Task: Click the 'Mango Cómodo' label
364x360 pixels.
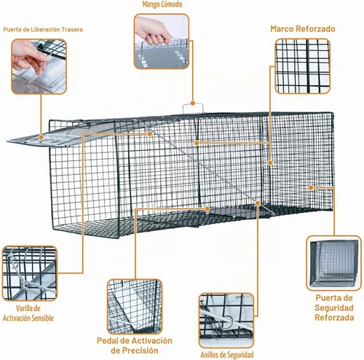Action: coord(162,4)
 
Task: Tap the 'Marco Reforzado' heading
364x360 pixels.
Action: coord(303,29)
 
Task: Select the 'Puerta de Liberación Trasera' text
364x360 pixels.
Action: coord(43,30)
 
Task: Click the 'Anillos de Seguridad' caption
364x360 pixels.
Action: coord(227,355)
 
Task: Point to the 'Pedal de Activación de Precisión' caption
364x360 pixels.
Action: coord(135,345)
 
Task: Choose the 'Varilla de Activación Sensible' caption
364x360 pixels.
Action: coord(28,313)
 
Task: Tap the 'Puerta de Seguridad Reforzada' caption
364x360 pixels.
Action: coord(334,308)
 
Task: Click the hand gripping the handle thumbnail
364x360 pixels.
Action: coord(162,42)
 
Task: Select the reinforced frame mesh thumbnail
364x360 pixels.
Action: coord(303,66)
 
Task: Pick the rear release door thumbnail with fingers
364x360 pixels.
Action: coord(39,66)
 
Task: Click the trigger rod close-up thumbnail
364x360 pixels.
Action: coord(30,273)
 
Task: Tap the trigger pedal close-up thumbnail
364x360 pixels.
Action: coord(135,307)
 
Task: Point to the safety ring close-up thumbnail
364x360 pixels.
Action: coord(226,321)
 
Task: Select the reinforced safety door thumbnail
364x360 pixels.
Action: coord(334,263)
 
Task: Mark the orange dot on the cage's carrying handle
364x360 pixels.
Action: coord(193,103)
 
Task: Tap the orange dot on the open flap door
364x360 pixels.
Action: coord(41,138)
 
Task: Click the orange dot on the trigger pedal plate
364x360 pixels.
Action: coord(207,208)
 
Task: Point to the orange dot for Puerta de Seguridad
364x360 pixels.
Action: coord(311,187)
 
